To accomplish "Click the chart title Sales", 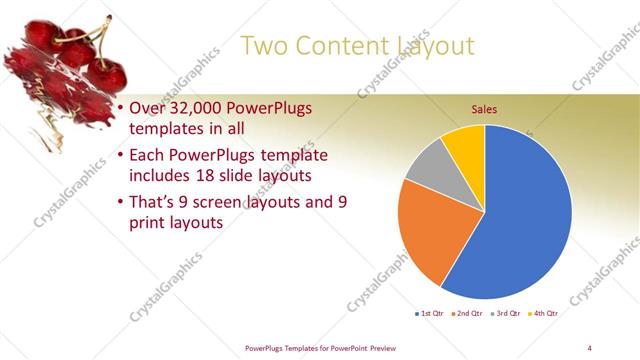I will pyautogui.click(x=484, y=109).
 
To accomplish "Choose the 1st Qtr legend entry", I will pyautogui.click(x=432, y=314).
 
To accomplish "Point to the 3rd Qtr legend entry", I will pyautogui.click(x=504, y=314).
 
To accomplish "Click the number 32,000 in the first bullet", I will pyautogui.click(x=193, y=108).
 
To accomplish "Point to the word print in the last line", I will pyautogui.click(x=148, y=224).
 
